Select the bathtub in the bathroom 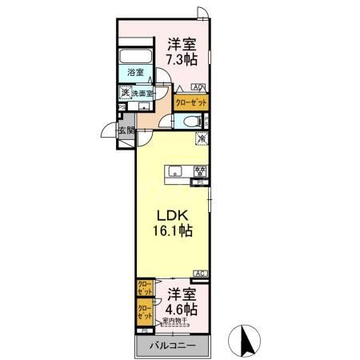(x=135, y=58)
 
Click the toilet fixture (x=188, y=122)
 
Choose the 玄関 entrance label (x=126, y=130)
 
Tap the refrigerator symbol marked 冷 (x=200, y=138)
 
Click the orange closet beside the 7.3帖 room (x=190, y=102)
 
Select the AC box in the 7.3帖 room (x=197, y=86)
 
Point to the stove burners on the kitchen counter (x=200, y=170)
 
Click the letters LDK (x=170, y=214)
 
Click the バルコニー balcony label (x=174, y=346)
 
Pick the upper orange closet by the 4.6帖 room (x=145, y=288)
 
